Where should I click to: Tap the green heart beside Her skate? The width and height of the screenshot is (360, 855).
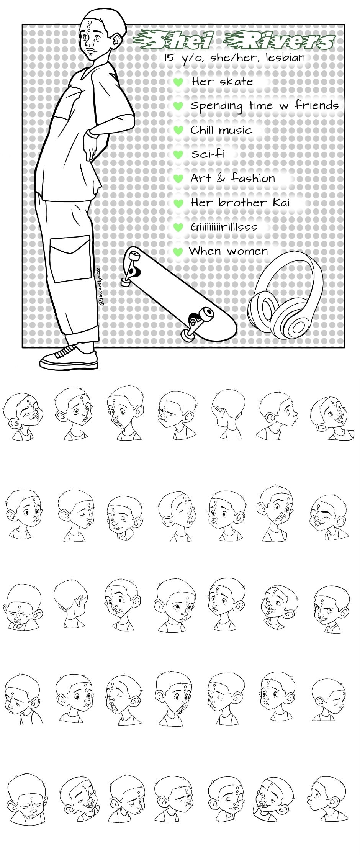[178, 82]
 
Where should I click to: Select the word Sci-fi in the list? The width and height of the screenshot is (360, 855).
[208, 154]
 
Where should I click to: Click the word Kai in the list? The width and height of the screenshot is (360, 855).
[281, 202]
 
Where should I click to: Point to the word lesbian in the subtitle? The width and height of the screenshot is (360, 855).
[285, 58]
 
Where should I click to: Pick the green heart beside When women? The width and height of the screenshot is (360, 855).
[178, 252]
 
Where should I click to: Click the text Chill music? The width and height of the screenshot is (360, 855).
[221, 130]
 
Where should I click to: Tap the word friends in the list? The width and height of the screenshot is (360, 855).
[317, 105]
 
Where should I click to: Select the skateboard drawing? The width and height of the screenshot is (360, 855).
[178, 293]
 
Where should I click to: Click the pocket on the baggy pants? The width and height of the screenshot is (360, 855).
[71, 259]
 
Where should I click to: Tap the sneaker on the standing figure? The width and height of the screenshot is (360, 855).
[69, 357]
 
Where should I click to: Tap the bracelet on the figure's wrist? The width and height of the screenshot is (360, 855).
[92, 133]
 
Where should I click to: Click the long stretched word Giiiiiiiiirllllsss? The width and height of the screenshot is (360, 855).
[224, 227]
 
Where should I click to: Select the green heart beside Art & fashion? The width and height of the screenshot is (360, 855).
[178, 179]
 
